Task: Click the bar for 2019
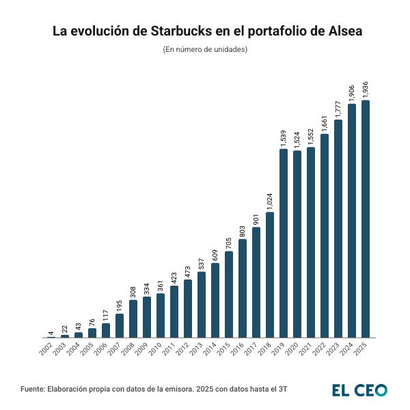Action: (284, 243)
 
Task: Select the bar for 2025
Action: (366, 219)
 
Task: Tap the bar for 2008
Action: (133, 318)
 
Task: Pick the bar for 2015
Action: (229, 295)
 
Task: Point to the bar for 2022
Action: (325, 236)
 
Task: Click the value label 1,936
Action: (366, 89)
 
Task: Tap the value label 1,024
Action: (270, 200)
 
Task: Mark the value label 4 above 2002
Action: (51, 333)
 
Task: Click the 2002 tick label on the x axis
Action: (46, 348)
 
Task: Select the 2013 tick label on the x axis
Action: (196, 348)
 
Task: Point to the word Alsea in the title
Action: (339, 31)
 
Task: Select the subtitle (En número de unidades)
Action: (205, 50)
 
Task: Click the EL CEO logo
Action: (360, 389)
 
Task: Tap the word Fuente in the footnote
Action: (32, 389)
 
